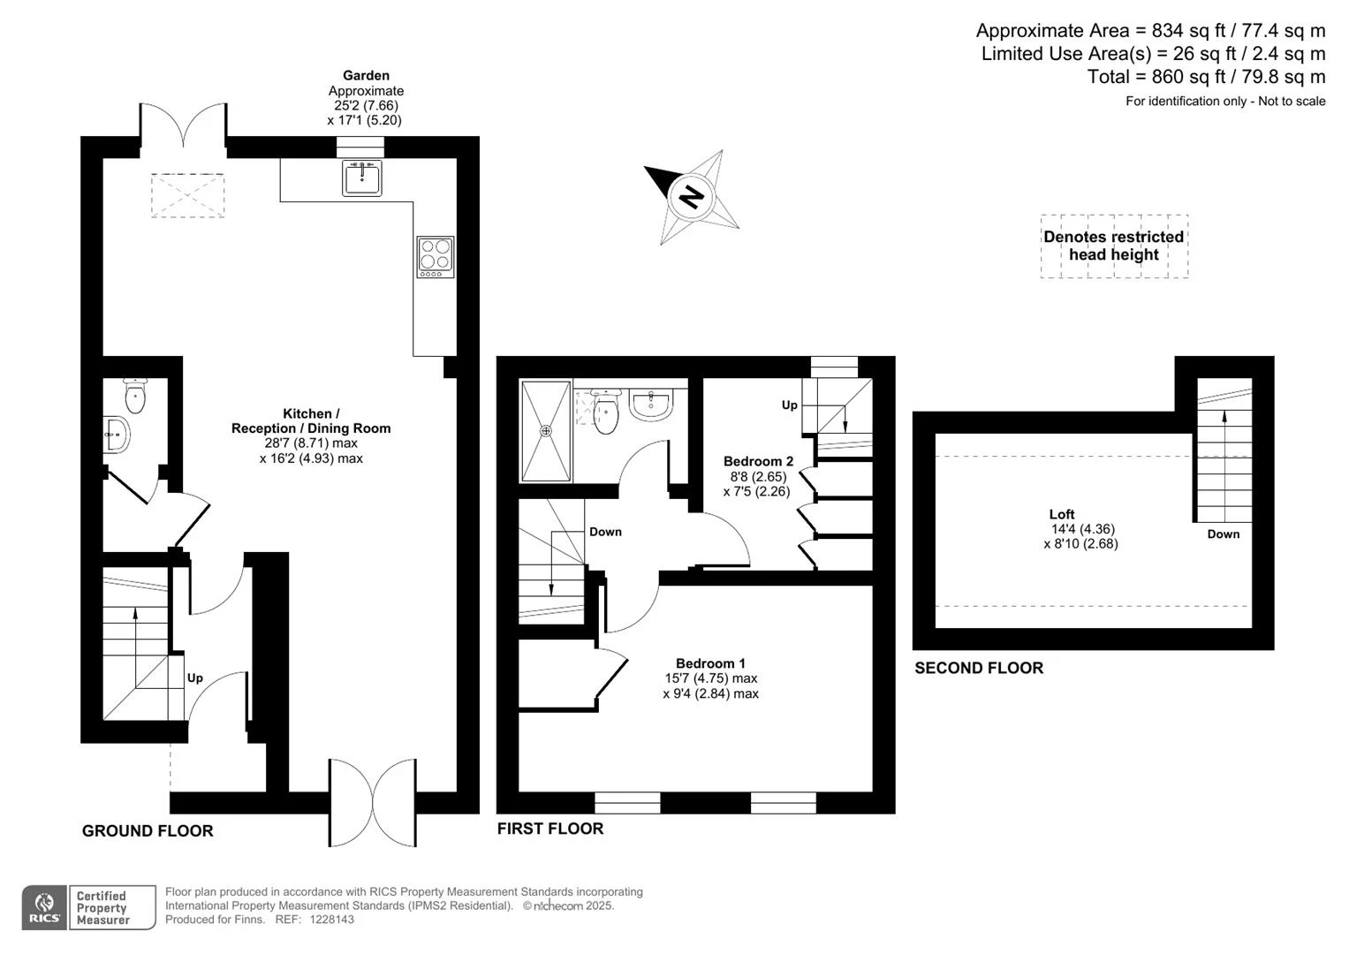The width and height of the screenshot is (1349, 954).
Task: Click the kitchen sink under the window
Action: [x=361, y=178]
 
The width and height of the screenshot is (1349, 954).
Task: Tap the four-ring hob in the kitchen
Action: [x=435, y=257]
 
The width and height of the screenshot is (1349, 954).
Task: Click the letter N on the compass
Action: [x=691, y=197]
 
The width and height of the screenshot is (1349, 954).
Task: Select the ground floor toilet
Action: [x=135, y=396]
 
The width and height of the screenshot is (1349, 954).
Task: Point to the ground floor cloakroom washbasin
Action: [x=117, y=434]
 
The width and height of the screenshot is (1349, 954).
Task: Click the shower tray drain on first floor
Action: [x=546, y=431]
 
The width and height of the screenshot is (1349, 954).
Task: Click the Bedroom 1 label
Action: [x=710, y=663]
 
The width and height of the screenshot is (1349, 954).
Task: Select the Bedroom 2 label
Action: [x=758, y=461]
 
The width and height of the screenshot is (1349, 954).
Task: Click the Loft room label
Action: [x=1061, y=514]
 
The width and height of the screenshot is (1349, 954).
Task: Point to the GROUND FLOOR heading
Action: [x=148, y=831]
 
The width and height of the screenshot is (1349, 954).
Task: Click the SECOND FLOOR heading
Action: [x=979, y=668]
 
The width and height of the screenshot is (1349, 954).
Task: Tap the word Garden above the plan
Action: [x=366, y=75]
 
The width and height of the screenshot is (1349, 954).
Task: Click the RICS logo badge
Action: [x=44, y=907]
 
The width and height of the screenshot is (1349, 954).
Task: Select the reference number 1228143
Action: [x=332, y=920]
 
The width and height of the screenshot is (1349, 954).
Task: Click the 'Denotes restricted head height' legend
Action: [x=1113, y=246]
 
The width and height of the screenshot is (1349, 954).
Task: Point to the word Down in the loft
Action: [x=1224, y=534]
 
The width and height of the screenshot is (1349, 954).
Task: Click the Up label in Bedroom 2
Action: [x=790, y=405]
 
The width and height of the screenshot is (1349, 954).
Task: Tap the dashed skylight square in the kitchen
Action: [x=187, y=195]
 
